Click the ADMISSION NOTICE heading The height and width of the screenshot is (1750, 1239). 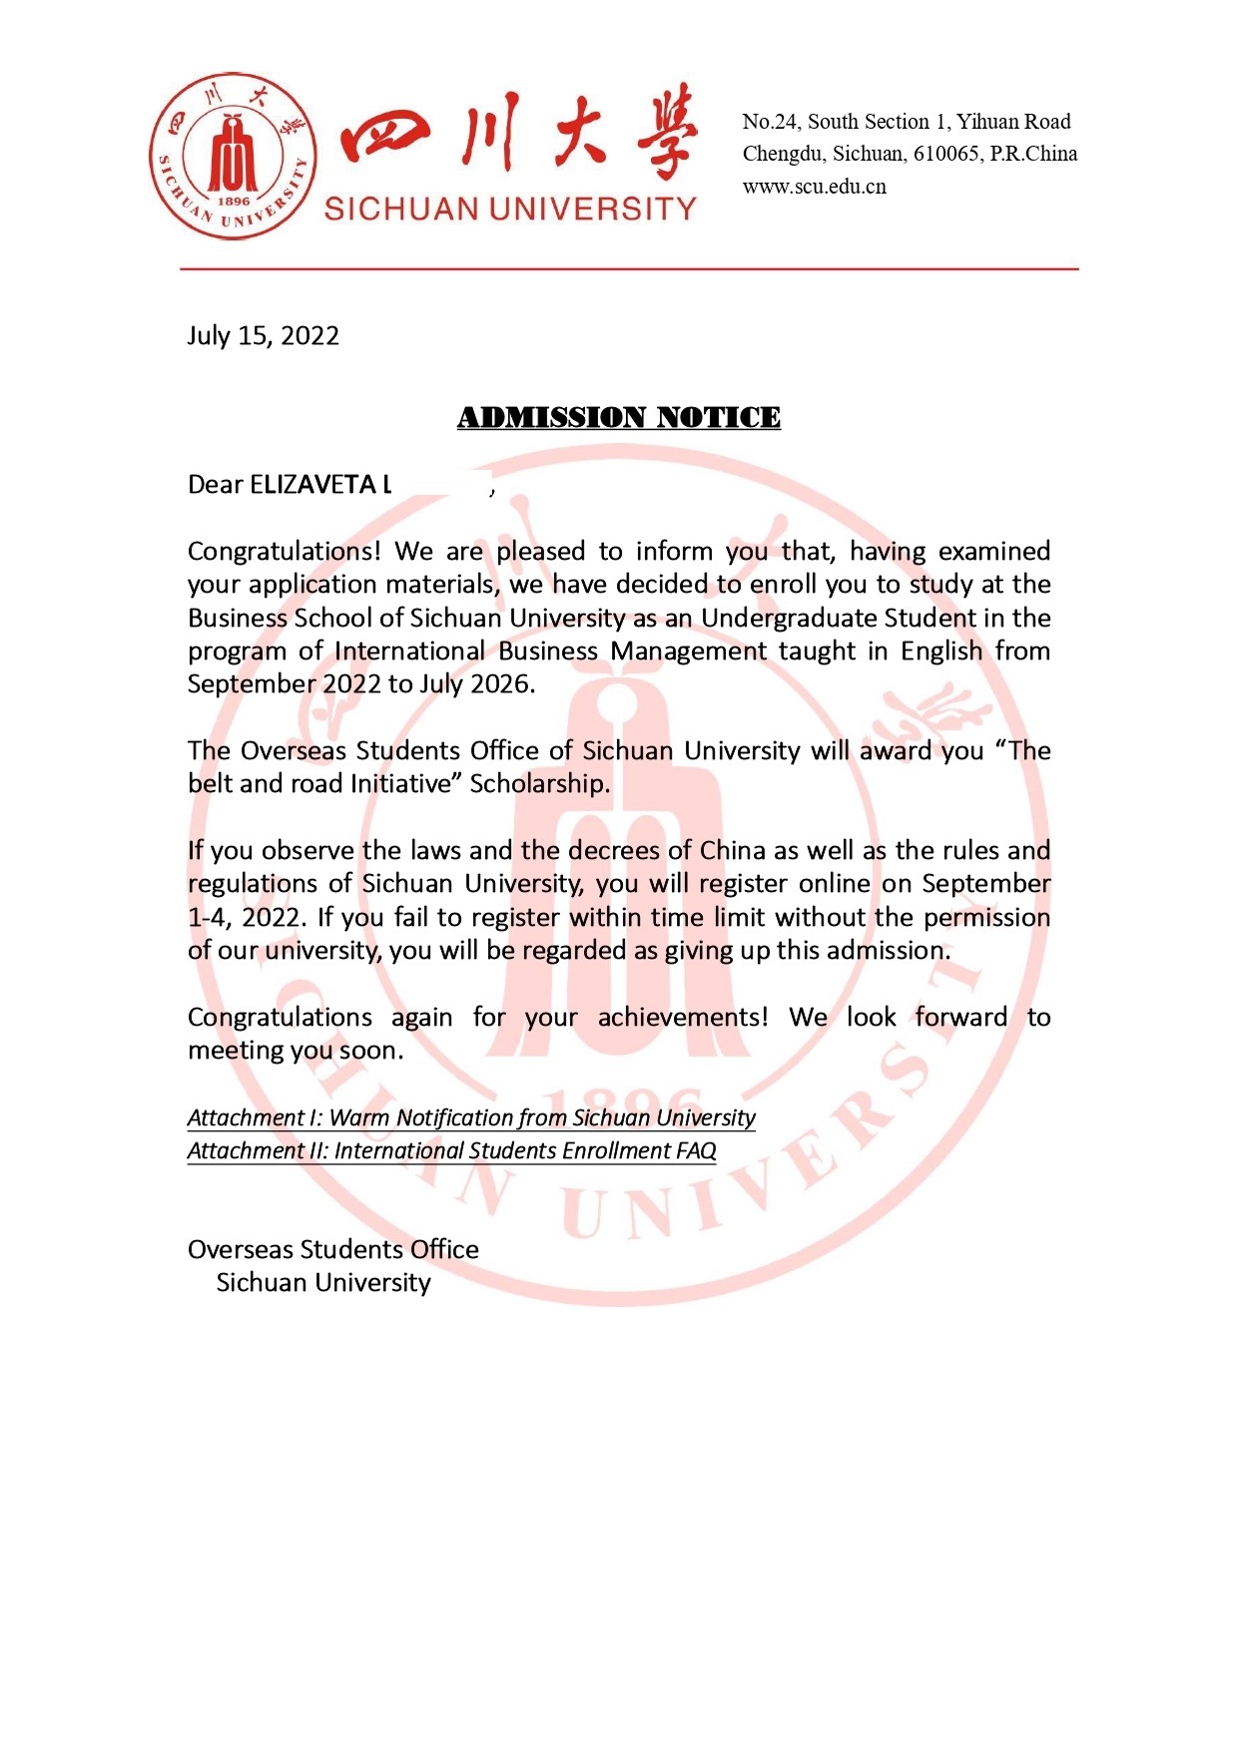(618, 417)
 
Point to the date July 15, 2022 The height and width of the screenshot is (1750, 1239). (263, 335)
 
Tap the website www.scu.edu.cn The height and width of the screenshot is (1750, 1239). (814, 187)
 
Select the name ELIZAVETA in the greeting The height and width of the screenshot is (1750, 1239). (311, 485)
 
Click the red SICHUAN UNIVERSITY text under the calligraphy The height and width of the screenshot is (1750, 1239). (510, 209)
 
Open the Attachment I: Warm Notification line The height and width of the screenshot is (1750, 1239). (470, 1117)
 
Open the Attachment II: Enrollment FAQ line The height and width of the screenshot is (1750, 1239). (451, 1150)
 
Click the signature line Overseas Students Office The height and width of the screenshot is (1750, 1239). (332, 1249)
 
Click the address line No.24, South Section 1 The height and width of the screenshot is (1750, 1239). (906, 122)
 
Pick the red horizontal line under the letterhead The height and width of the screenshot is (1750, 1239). (629, 268)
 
